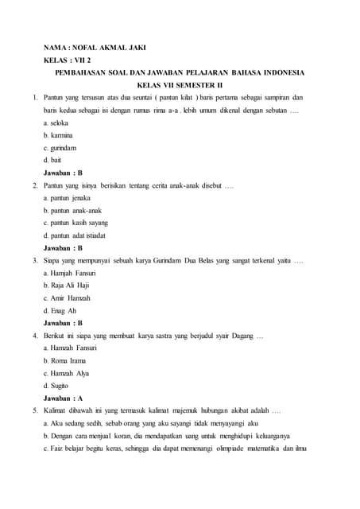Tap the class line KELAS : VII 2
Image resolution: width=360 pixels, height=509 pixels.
coord(68,60)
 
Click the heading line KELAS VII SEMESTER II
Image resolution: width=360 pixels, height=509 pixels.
coord(180,84)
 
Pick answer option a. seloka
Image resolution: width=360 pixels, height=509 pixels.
coord(56,122)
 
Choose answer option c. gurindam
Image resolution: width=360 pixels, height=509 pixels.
coord(60,147)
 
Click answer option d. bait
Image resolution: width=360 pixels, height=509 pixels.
coord(52,160)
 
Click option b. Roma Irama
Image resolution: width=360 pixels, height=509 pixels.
coord(64,361)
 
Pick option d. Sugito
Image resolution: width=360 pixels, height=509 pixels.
coord(56,386)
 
